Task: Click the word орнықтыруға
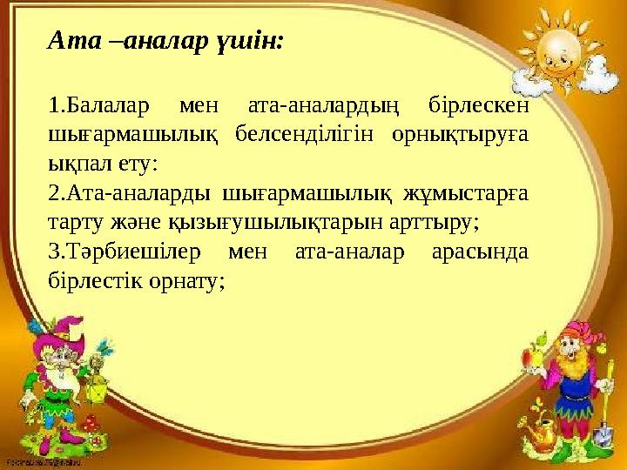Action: click(463, 135)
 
